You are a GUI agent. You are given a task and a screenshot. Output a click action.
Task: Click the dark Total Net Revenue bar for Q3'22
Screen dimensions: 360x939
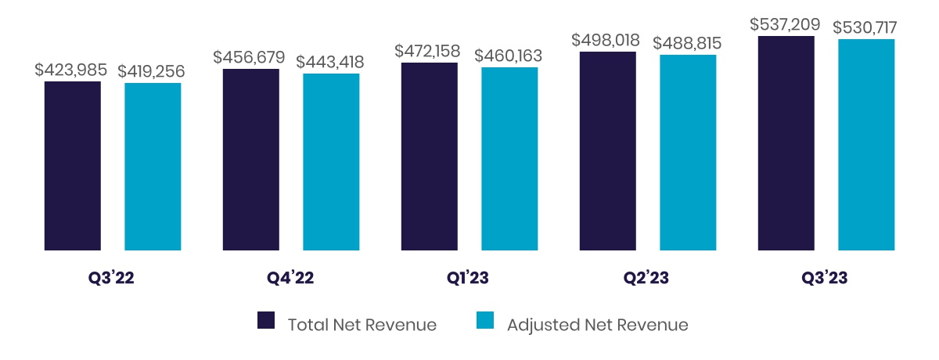coord(73,166)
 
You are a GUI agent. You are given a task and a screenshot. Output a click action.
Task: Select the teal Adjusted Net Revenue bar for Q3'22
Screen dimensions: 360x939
coord(153,167)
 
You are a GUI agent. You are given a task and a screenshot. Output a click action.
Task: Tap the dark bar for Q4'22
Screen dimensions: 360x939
coord(251,160)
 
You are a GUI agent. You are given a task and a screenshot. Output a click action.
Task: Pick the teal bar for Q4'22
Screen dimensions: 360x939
coord(331,162)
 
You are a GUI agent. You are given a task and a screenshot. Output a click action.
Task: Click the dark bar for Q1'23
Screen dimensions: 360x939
coord(430,157)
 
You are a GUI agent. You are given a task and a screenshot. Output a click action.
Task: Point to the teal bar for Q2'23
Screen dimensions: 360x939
coord(688,153)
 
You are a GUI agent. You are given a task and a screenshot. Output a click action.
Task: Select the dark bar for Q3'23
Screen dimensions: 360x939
coord(786,143)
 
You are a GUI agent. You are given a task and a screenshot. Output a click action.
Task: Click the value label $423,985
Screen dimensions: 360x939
coord(70,70)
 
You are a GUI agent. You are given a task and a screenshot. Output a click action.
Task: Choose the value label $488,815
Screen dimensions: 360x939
coord(688,44)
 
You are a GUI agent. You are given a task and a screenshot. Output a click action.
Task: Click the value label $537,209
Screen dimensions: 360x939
coord(786,24)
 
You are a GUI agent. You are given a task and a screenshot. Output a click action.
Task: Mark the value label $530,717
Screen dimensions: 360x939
coord(865,27)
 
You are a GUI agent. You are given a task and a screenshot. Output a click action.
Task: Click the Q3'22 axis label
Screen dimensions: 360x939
coord(111,279)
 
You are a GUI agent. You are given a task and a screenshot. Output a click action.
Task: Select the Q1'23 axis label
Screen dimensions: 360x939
coord(467,279)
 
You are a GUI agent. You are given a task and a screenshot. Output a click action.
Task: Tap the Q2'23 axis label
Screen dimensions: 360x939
coord(646,279)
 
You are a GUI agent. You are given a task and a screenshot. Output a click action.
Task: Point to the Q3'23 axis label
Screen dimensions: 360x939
coord(825,279)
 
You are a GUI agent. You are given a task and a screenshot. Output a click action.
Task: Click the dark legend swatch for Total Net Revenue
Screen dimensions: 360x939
coord(267,320)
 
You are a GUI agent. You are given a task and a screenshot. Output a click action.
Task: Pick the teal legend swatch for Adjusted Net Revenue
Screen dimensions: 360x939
coord(486,320)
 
